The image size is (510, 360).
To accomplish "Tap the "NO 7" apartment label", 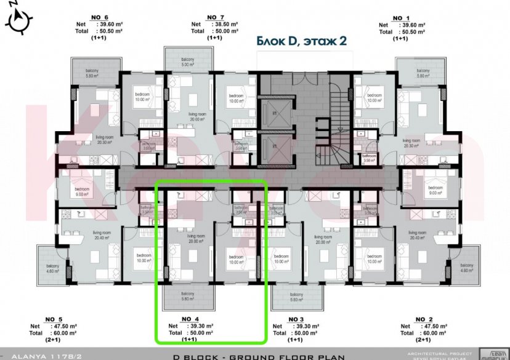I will click(x=216, y=17).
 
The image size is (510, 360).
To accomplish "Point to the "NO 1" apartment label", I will click(x=400, y=17).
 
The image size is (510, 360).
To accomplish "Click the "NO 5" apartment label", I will click(x=54, y=319).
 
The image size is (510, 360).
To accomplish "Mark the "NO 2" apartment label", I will click(x=423, y=319).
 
